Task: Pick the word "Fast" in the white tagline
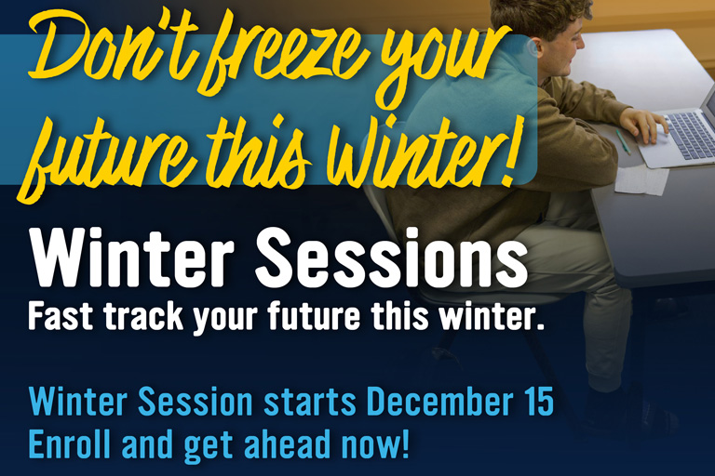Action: click(x=64, y=317)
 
